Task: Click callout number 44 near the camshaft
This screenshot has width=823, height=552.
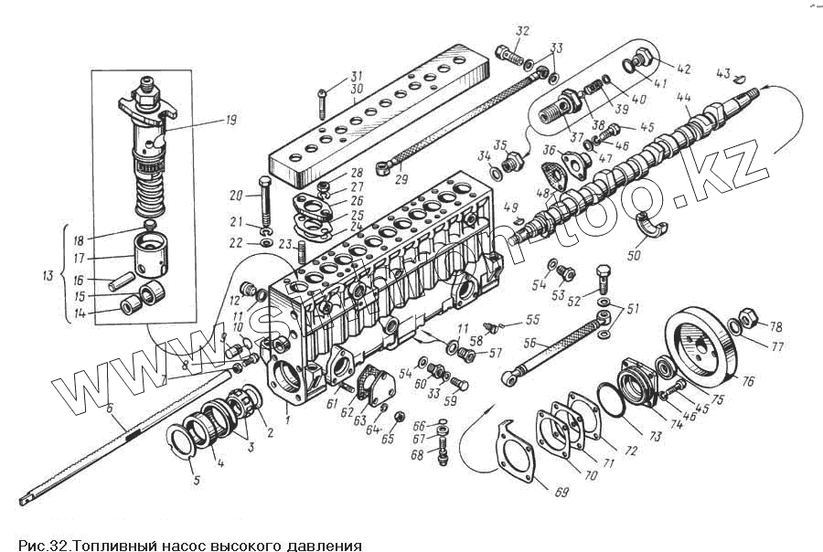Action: tap(683, 97)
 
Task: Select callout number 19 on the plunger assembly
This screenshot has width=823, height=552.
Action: tap(205, 119)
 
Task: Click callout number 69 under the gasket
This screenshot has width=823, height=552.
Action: tap(561, 494)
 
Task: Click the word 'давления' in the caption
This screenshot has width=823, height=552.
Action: tap(324, 546)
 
